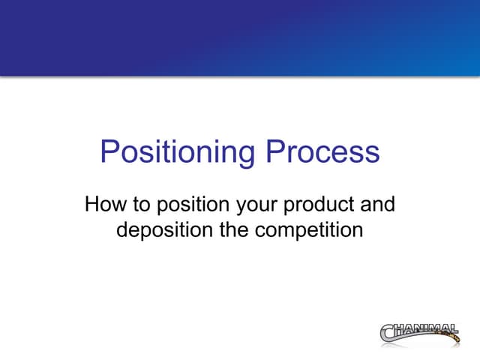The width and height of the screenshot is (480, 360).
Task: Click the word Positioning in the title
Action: [x=177, y=153]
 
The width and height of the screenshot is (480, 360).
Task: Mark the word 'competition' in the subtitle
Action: [x=309, y=229]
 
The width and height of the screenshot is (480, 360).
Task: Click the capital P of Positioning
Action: [x=109, y=152]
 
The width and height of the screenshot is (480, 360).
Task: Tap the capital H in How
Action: [x=92, y=204]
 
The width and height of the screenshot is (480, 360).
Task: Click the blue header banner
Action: [x=240, y=37]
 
